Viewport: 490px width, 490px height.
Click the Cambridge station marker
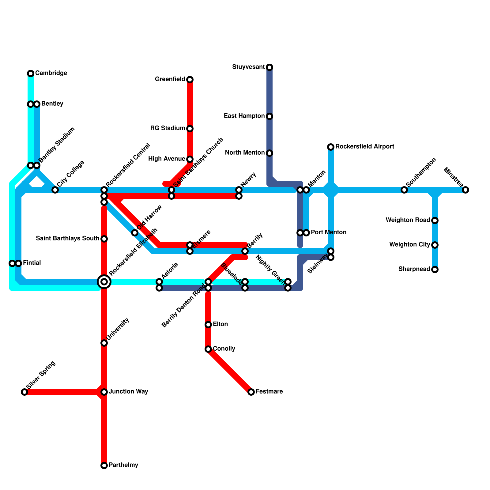(31, 73)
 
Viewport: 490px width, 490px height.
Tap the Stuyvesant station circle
(269, 67)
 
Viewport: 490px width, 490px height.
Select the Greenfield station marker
(190, 80)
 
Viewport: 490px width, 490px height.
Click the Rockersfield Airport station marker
(331, 147)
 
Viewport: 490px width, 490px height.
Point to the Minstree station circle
(466, 190)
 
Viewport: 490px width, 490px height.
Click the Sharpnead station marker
(435, 269)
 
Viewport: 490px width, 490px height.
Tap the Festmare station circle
(251, 392)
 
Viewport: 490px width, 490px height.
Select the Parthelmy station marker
(104, 466)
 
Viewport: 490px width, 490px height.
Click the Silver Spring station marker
(24, 392)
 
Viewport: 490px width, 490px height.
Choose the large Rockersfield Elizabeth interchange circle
(104, 282)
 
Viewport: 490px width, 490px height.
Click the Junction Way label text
(128, 392)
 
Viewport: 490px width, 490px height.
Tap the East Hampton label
(244, 116)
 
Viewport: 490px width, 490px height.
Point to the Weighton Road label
(408, 220)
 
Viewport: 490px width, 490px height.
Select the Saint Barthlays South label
(67, 239)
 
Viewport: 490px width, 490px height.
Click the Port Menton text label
(329, 232)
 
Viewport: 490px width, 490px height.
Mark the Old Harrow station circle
(135, 233)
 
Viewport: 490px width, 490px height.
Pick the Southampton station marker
(404, 190)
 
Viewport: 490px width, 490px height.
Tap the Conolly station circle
(208, 349)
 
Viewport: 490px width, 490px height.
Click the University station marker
(104, 343)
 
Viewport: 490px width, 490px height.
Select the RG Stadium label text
(168, 128)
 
